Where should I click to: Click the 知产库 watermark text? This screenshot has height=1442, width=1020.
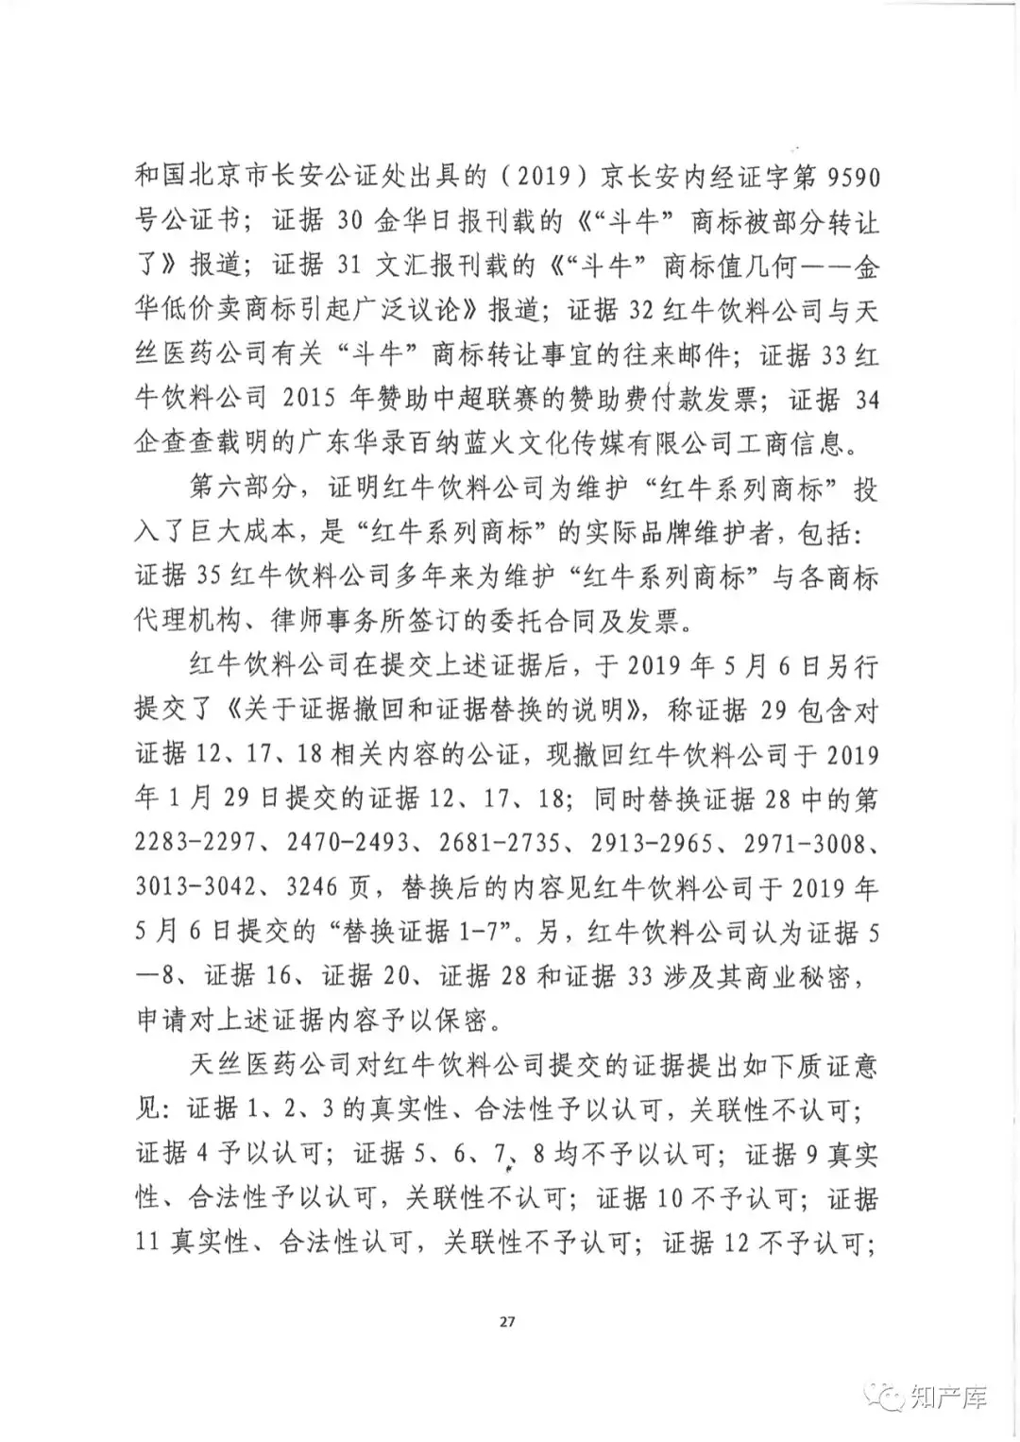(x=950, y=1397)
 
